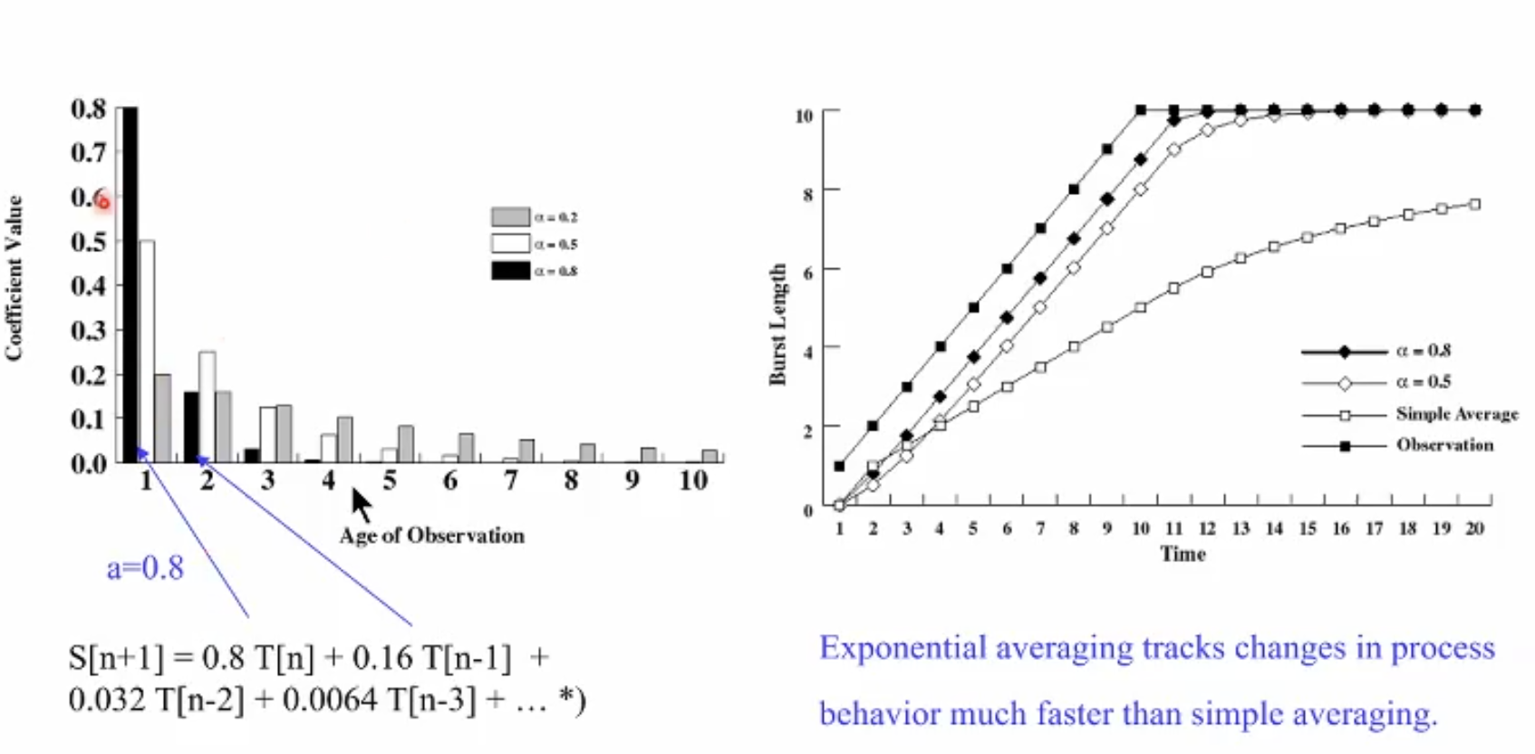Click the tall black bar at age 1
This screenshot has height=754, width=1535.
click(x=130, y=285)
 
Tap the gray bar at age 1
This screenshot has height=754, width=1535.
click(x=163, y=418)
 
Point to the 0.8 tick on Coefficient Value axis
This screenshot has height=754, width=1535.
click(x=88, y=109)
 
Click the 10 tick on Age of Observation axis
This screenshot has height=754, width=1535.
click(x=693, y=480)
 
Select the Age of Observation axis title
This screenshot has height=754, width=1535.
click(x=431, y=536)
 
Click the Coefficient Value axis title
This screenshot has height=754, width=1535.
click(x=14, y=278)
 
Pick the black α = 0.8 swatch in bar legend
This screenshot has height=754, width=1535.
click(x=510, y=270)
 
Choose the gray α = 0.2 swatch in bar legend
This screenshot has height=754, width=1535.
click(x=510, y=217)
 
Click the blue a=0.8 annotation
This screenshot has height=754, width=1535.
click(x=145, y=568)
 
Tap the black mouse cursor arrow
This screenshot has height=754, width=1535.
click(x=361, y=503)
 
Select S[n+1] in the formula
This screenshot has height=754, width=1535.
click(x=116, y=657)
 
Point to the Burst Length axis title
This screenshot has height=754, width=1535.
click(x=777, y=324)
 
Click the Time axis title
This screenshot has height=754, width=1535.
click(x=1183, y=554)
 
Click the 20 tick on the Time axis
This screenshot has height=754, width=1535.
click(x=1474, y=528)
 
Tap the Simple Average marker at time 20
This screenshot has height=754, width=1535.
click(x=1475, y=205)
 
